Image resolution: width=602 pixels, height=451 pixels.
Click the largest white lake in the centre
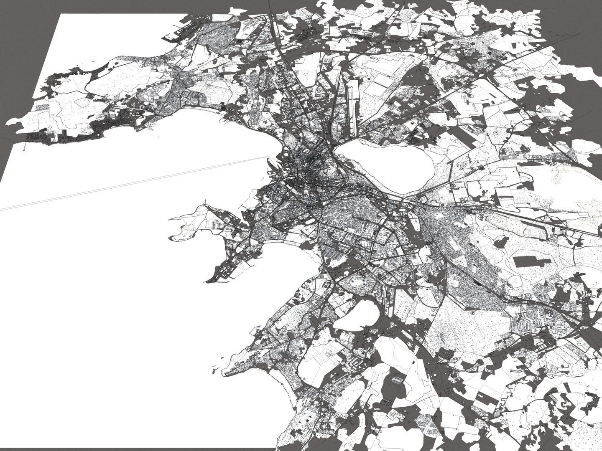point(387,165)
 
